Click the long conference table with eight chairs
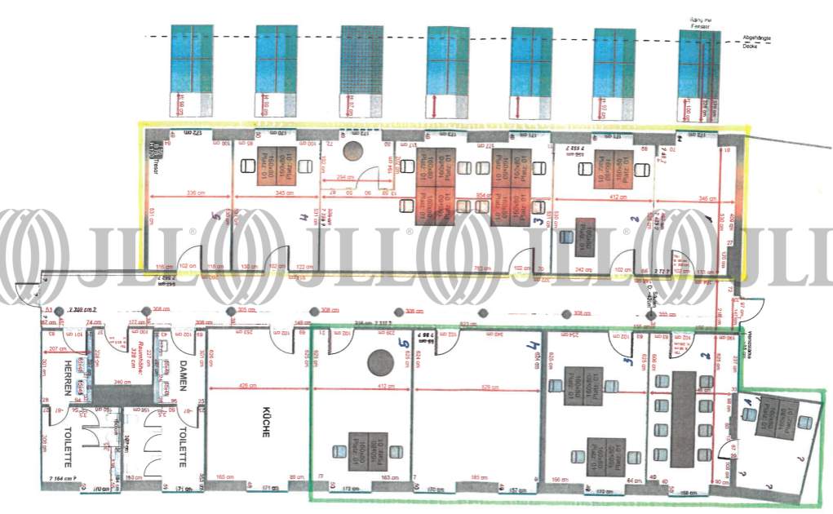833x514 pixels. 683,419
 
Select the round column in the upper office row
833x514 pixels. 353,150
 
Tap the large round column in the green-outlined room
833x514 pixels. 378,361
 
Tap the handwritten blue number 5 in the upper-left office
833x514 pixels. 215,215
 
